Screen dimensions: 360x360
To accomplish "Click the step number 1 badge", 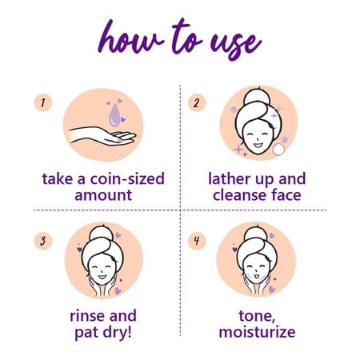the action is [43, 102].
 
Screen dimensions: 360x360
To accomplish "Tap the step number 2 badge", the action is [197, 102].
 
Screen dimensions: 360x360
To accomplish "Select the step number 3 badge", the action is [43, 241].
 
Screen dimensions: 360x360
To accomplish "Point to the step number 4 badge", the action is [197, 241].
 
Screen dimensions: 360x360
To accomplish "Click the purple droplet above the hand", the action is [114, 114].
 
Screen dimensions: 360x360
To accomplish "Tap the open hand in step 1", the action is [102, 136].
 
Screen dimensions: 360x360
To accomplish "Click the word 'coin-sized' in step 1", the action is [127, 179].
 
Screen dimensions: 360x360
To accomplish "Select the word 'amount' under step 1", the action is [103, 195].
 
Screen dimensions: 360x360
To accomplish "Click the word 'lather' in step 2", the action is [228, 178].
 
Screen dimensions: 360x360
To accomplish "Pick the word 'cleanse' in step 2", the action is [238, 195].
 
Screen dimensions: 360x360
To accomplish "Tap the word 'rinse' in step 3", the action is [87, 316].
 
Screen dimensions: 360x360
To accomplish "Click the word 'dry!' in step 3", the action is [118, 332].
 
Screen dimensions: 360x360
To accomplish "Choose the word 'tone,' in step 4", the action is [257, 317].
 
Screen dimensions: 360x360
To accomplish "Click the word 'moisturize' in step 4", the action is [257, 332].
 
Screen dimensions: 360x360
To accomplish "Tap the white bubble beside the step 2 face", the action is [278, 150].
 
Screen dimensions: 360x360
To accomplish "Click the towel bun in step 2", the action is [257, 97].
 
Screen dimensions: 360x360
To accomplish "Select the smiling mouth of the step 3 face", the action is [102, 277].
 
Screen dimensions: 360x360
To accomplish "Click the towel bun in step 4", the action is [256, 234].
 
